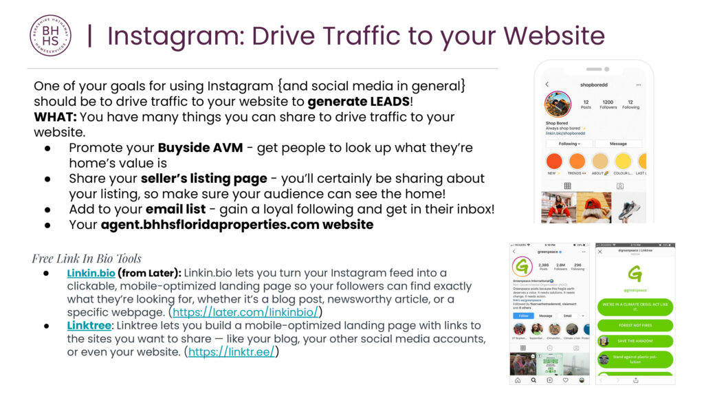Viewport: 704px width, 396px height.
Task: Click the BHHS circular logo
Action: coord(50,36)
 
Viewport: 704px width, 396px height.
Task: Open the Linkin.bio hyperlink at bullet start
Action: coord(91,273)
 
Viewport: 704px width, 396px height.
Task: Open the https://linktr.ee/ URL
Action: coord(231,352)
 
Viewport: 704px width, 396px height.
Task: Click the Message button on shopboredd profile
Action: coord(618,144)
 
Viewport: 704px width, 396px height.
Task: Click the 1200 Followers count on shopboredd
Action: coord(608,104)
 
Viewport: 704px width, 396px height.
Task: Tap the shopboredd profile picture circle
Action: coord(558,104)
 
